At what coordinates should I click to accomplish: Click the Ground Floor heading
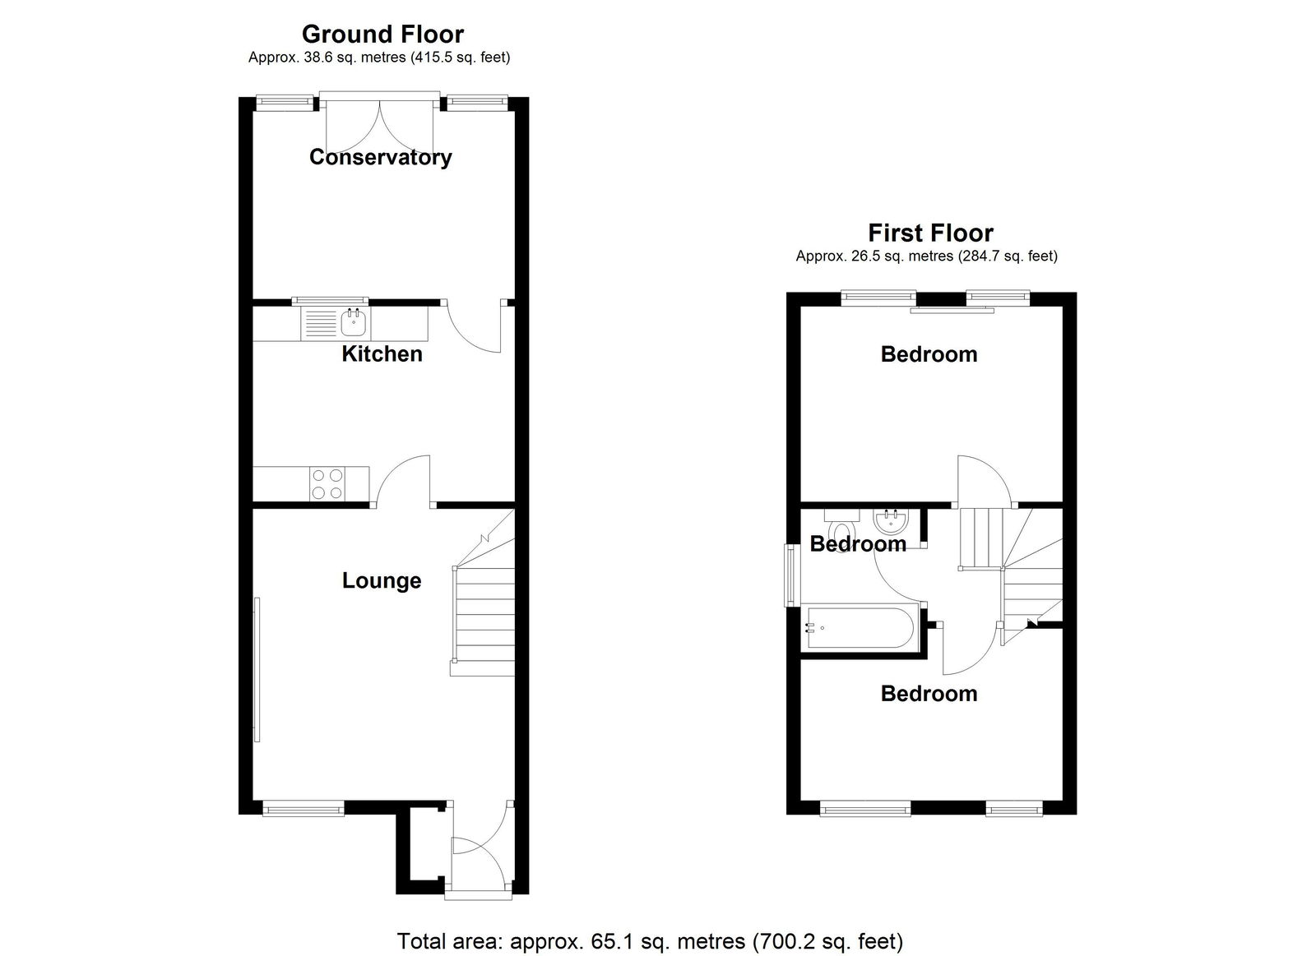tap(382, 34)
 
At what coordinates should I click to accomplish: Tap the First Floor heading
tap(930, 233)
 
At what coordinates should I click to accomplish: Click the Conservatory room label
tap(381, 157)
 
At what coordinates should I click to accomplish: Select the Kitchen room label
tap(382, 354)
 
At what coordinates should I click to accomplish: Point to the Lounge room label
tap(382, 581)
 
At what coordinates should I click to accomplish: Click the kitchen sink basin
tap(354, 321)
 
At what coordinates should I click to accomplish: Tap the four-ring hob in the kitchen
tap(328, 484)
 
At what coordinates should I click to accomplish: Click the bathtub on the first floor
tap(860, 628)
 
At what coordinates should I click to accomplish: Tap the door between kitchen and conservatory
tap(474, 326)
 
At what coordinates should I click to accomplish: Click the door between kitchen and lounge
tap(404, 481)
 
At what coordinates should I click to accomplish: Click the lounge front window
tap(303, 810)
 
